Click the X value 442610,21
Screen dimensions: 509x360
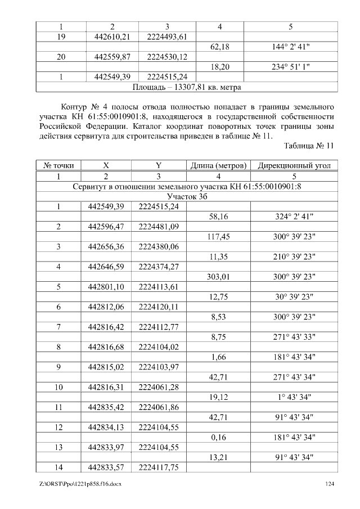pos(109,37)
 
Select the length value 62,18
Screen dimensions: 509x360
pos(219,47)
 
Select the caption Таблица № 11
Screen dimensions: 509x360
pos(309,145)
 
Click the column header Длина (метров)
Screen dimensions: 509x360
pos(218,166)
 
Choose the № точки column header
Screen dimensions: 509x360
pos(59,166)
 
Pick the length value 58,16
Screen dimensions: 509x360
pos(219,217)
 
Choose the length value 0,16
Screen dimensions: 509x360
pos(219,437)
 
